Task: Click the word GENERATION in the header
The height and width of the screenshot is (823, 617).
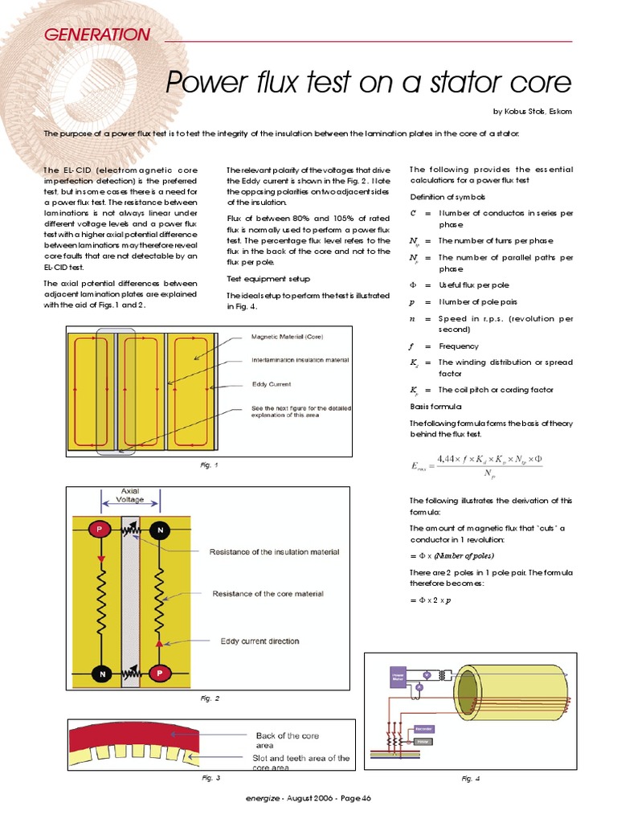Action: pyautogui.click(x=96, y=35)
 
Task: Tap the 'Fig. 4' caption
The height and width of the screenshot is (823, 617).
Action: pyautogui.click(x=471, y=778)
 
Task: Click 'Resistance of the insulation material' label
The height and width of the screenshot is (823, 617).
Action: pyautogui.click(x=274, y=552)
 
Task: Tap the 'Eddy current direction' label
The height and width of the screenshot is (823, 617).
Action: pyautogui.click(x=259, y=641)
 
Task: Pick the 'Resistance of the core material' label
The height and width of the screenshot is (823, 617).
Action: pyautogui.click(x=268, y=594)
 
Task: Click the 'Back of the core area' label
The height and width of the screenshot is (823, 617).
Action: pyautogui.click(x=288, y=740)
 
